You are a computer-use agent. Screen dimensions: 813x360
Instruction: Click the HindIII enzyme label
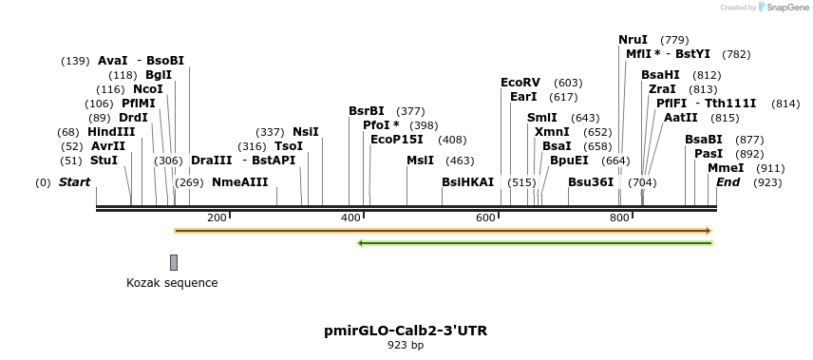[x=111, y=131]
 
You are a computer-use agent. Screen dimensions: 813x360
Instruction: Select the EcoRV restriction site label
[x=520, y=83]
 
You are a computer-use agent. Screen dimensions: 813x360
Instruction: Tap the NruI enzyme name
[x=633, y=40]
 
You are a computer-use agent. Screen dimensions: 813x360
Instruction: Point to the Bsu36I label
[x=591, y=182]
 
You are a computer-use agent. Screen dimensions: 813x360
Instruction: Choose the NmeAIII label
[x=239, y=182]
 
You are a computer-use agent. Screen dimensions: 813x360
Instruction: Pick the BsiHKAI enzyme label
[x=468, y=182]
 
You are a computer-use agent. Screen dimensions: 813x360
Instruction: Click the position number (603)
[x=568, y=83]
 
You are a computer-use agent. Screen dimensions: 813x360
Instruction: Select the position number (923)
[x=767, y=182]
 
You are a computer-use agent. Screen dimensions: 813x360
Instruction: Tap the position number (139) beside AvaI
[x=75, y=61]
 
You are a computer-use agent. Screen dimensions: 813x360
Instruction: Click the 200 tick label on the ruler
[x=217, y=218]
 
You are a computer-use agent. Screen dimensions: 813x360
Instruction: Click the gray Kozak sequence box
[x=174, y=262]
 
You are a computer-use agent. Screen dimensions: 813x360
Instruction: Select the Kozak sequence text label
[x=172, y=283]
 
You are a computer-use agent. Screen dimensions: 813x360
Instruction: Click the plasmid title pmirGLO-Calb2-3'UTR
[x=406, y=331]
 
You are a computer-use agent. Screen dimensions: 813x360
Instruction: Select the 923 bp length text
[x=406, y=346]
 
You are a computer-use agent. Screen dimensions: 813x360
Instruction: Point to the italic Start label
[x=75, y=182]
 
